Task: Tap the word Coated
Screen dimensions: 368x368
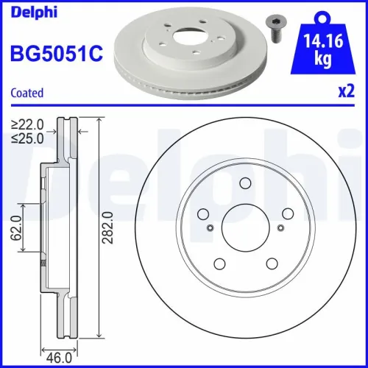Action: [x=26, y=93]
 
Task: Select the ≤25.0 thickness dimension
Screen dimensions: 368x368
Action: [x=26, y=137]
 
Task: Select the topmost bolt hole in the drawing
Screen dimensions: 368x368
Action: [x=246, y=184]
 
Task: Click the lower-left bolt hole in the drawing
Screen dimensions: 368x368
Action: [x=219, y=263]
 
